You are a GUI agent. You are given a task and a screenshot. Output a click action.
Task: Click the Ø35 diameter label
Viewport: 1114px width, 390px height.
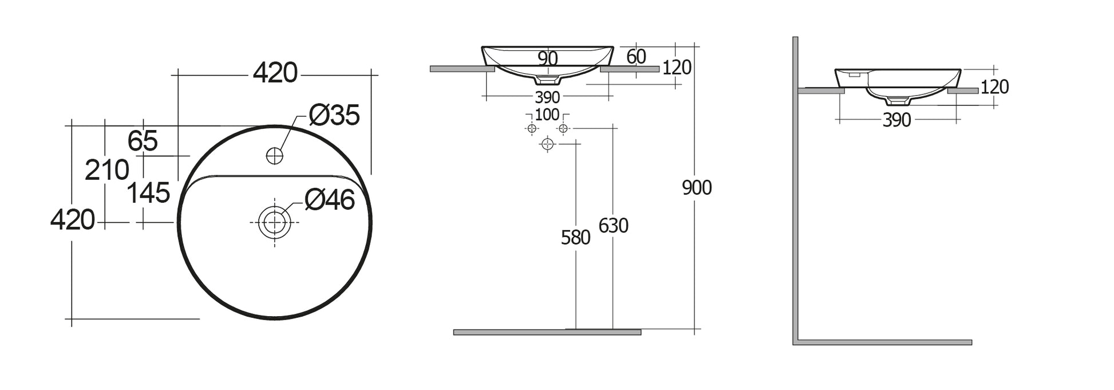tap(334, 115)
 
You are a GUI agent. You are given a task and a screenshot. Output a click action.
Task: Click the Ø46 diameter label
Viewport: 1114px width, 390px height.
tap(330, 200)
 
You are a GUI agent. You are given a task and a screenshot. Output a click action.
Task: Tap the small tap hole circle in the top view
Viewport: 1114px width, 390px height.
tap(275, 155)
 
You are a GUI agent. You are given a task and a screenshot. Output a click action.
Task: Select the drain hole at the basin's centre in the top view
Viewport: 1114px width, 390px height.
tap(275, 222)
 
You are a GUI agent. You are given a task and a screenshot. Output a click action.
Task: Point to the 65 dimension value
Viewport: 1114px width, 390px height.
tap(143, 141)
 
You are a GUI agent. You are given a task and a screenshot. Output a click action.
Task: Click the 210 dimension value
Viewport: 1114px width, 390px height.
tap(107, 170)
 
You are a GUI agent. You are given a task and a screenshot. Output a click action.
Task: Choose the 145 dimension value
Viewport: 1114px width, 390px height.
tap(148, 193)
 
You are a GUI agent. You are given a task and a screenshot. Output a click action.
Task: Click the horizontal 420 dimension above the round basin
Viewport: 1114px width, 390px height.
tap(275, 73)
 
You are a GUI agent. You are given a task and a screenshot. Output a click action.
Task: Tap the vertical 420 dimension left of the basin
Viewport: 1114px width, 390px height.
tap(73, 220)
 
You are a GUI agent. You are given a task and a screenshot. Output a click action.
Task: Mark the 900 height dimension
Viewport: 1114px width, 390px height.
tap(697, 188)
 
